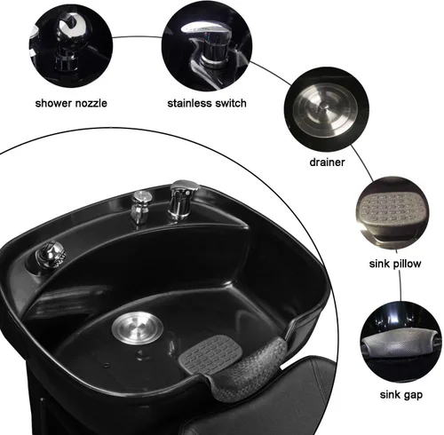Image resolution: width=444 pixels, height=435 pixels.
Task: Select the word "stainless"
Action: coord(190,102)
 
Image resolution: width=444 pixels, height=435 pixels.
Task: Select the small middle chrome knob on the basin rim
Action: coord(140,205)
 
